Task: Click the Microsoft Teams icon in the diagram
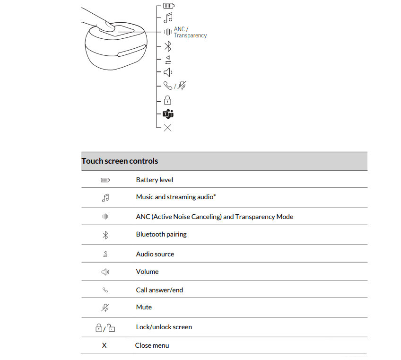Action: coord(168,114)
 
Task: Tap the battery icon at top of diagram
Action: coord(168,6)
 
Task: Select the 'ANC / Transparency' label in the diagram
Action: coord(190,32)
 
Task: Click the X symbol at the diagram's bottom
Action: coord(167,128)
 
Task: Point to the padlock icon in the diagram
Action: coord(167,100)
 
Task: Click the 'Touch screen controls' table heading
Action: coord(120,161)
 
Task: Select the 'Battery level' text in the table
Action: coord(155,180)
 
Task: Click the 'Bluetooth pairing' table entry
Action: coord(161,234)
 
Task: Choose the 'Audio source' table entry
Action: coord(155,254)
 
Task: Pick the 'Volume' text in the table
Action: coord(147,272)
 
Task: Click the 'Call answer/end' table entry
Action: coord(159,290)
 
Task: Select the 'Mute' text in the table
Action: coord(144,307)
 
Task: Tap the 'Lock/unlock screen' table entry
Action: coord(164,327)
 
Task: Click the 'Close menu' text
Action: coord(152,345)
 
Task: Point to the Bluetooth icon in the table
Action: coord(105,235)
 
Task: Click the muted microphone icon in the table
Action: coord(105,307)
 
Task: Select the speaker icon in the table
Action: coord(105,272)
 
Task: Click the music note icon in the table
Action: coord(105,198)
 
